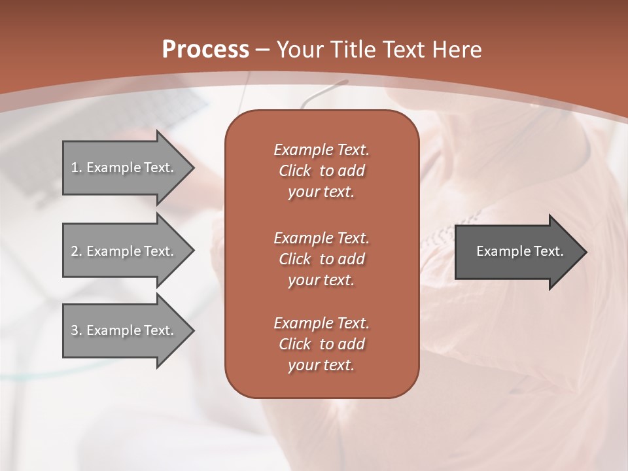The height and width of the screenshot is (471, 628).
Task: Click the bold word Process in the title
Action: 205,50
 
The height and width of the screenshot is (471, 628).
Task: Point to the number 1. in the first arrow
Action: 77,167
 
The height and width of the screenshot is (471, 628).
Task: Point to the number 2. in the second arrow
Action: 77,251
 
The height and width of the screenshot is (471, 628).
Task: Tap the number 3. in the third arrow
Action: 77,330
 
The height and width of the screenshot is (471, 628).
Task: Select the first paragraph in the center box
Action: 321,171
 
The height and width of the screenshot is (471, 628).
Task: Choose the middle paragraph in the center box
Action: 321,259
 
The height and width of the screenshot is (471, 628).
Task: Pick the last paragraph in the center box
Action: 321,344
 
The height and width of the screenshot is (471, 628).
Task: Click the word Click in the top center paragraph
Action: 295,171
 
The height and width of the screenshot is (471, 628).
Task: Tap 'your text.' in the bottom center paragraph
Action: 321,366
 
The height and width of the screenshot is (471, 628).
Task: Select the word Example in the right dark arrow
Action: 499,251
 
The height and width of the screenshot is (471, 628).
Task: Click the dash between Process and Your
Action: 262,50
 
